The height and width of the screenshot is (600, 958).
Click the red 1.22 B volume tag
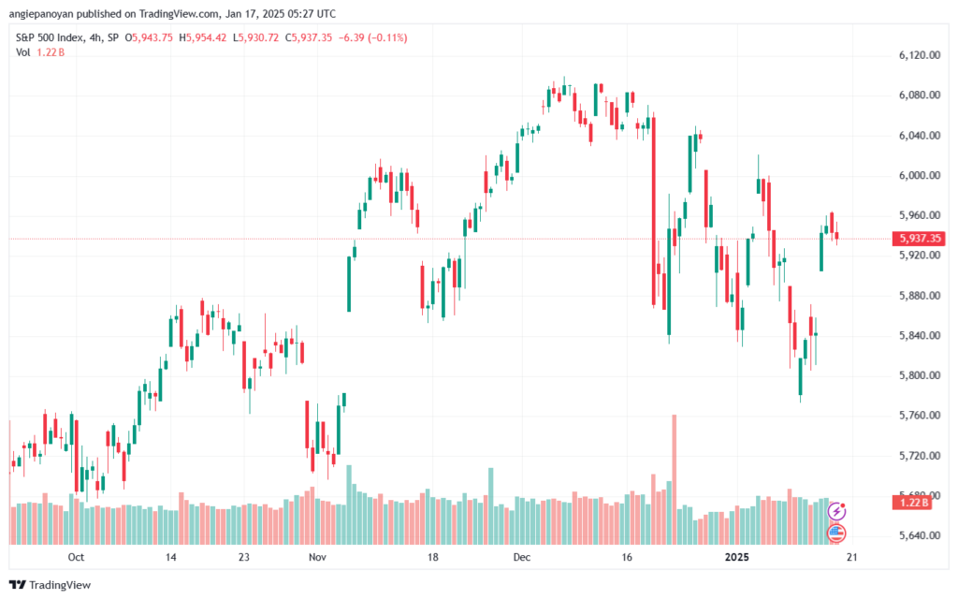[x=910, y=503]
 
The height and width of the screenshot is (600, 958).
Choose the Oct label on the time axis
[x=76, y=556]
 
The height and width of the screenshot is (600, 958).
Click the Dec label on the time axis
[x=522, y=556]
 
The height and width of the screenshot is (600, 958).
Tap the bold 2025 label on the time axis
[x=738, y=556]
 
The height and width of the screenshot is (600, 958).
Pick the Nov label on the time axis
[x=316, y=556]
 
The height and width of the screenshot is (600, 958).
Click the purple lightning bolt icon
[x=837, y=511]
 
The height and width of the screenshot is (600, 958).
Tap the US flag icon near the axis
[x=837, y=533]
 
